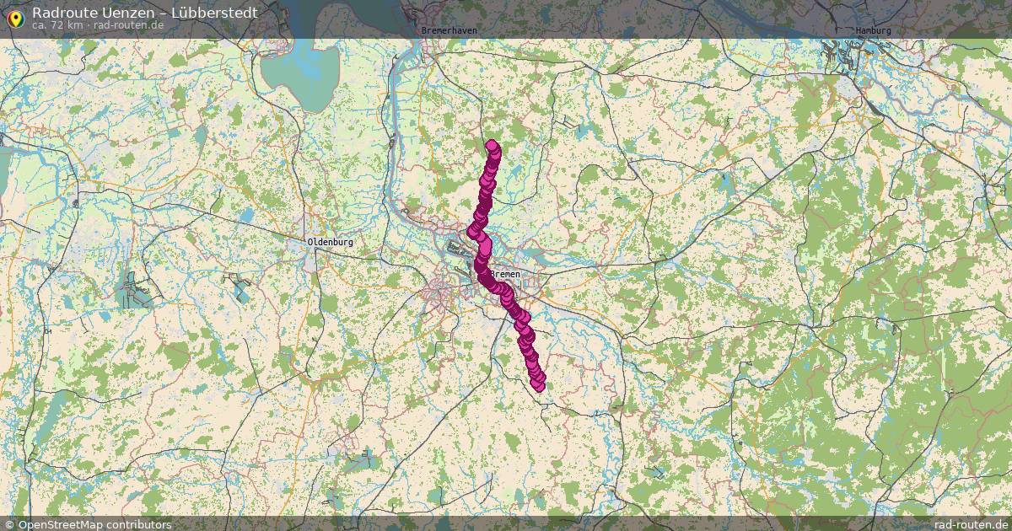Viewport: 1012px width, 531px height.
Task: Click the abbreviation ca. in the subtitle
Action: coord(39,25)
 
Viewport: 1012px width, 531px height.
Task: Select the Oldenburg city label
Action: coord(330,243)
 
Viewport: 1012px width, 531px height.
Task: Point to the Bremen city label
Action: coord(506,275)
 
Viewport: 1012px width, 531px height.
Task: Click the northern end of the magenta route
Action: coord(493,147)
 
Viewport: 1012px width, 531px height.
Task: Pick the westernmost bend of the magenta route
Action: coord(473,233)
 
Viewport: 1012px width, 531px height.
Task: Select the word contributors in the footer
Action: coord(141,524)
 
